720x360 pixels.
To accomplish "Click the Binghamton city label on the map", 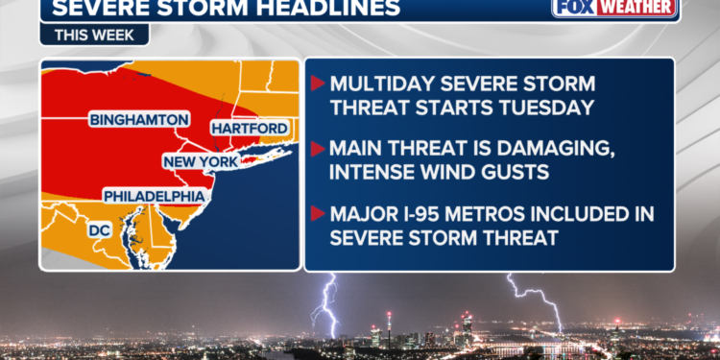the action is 139,120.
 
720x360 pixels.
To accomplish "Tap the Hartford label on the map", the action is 250,129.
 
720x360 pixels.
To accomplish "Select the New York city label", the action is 202,161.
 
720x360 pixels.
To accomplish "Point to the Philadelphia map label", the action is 155,196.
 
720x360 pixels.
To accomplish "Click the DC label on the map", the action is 100,230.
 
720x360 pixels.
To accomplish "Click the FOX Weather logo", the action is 614,8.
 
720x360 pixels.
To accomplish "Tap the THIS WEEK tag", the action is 94,35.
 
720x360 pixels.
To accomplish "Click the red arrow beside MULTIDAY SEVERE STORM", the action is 318,84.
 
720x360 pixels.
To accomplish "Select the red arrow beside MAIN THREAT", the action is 318,148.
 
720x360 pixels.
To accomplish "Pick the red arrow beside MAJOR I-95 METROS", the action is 318,213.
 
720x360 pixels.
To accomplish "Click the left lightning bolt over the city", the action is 326,305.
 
